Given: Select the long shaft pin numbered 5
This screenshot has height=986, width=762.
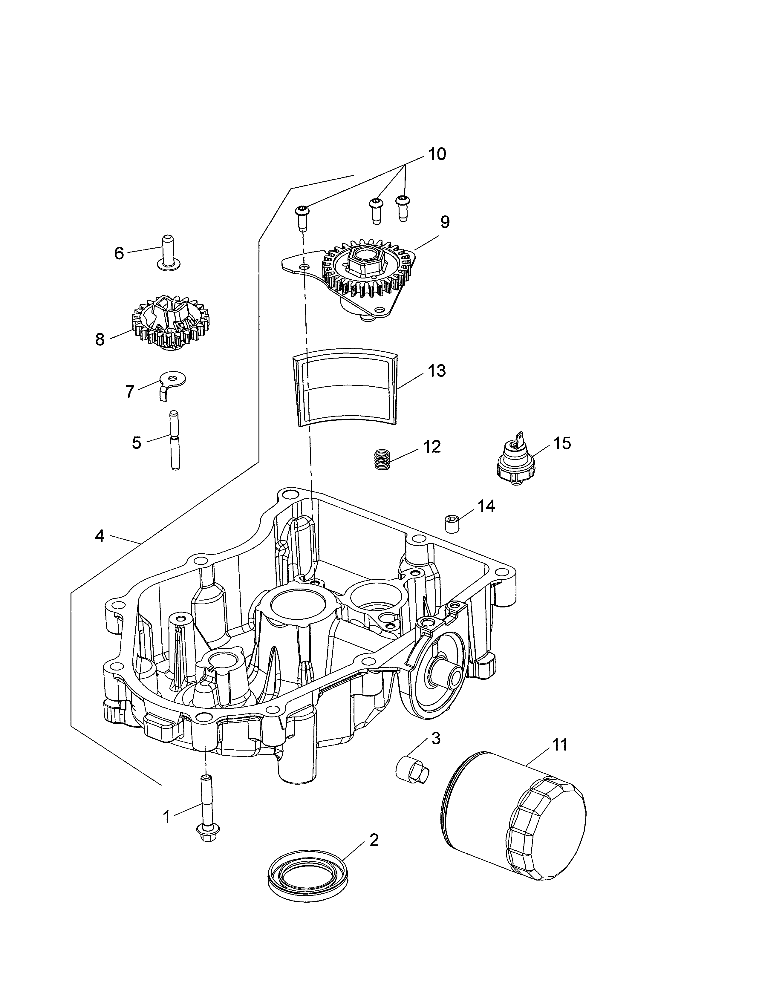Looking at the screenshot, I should (174, 440).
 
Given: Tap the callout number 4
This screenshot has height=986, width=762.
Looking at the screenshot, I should (100, 536).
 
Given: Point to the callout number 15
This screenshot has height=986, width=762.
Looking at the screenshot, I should (562, 443).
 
